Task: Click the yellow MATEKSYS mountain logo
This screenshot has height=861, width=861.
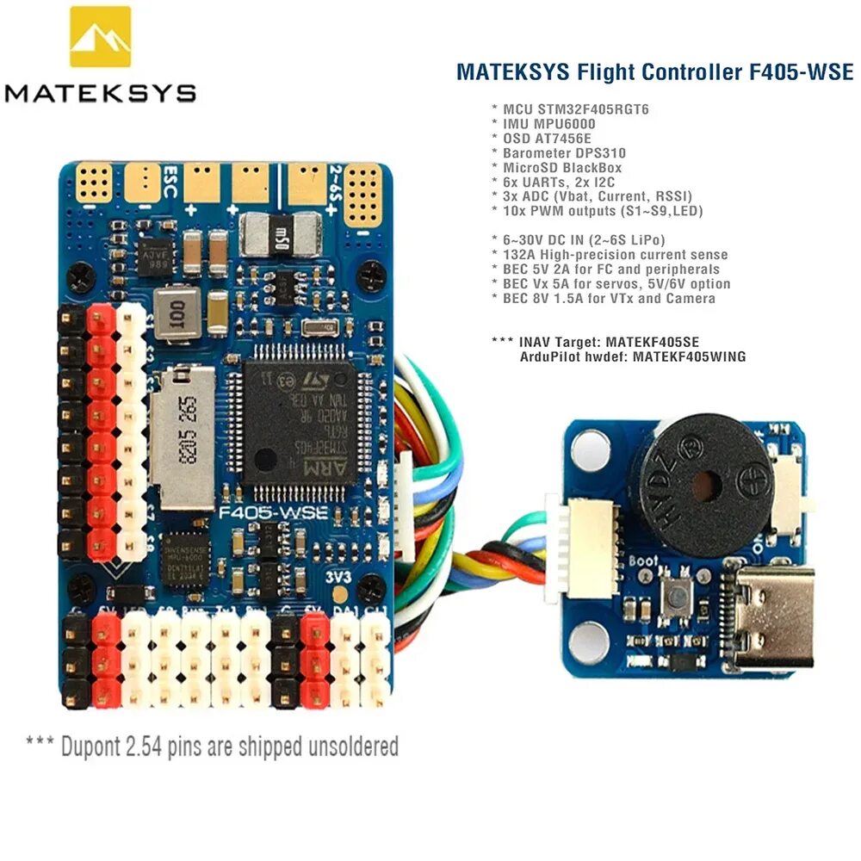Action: (x=100, y=39)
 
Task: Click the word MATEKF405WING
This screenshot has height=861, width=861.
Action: (x=689, y=356)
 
